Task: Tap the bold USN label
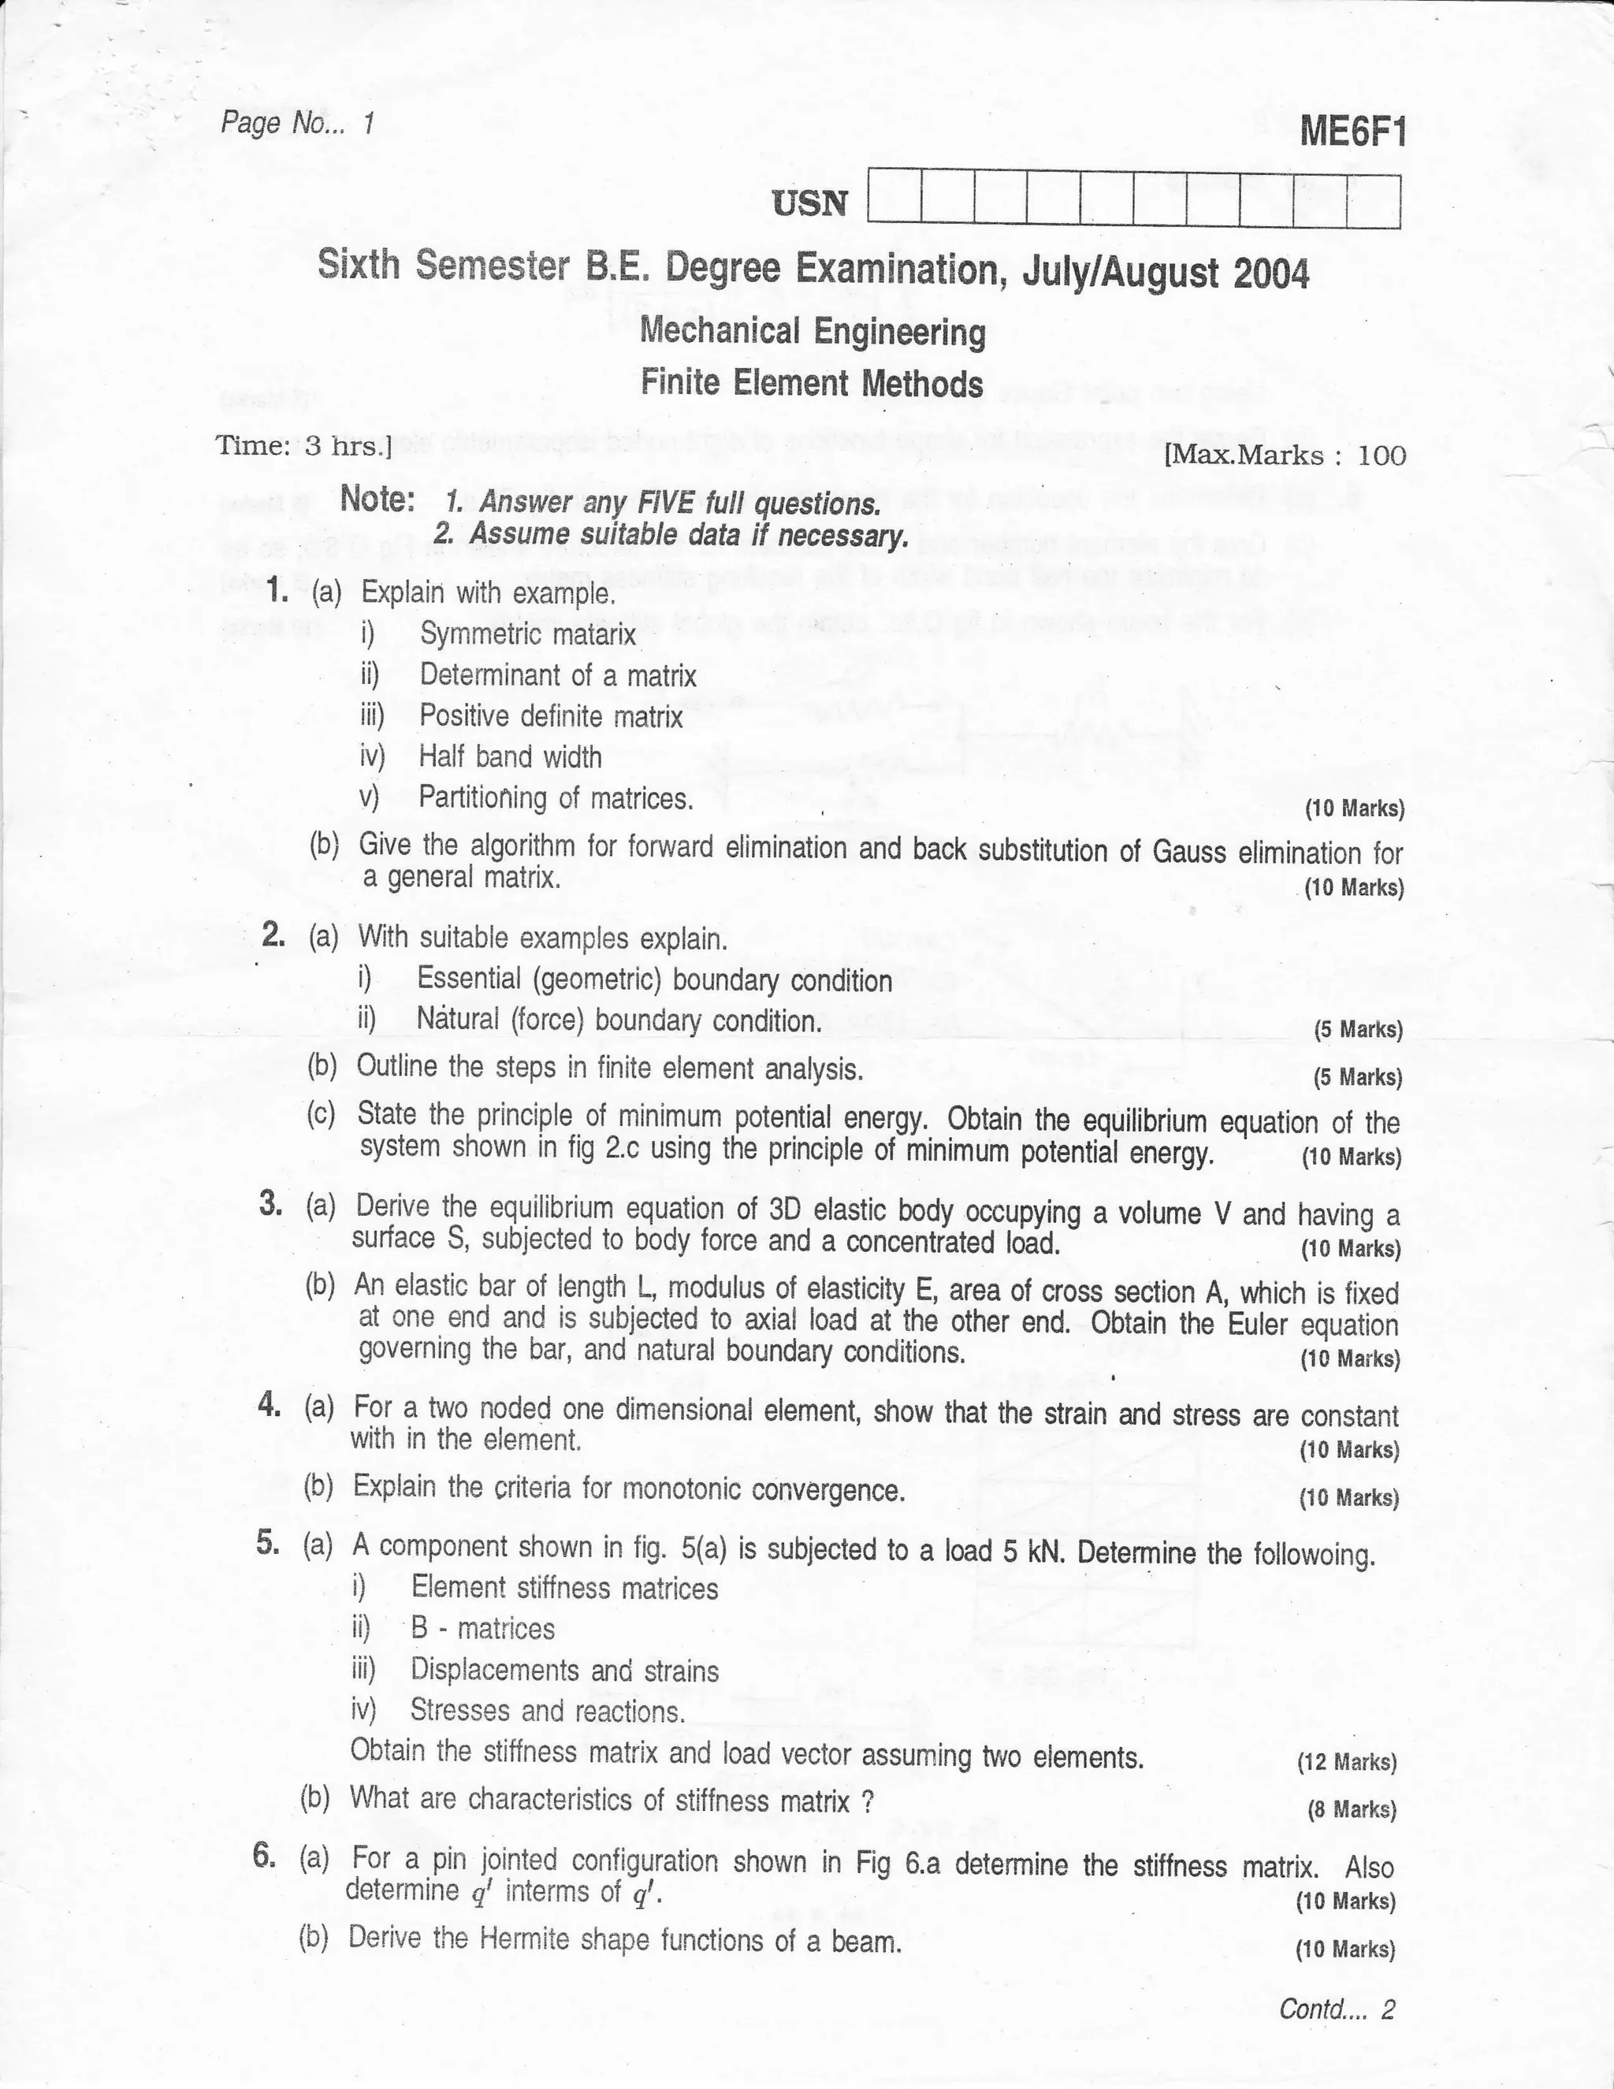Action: (x=810, y=203)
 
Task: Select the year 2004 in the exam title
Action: (x=1270, y=274)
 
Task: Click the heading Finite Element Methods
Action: (x=811, y=384)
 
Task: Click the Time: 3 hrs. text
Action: (x=304, y=446)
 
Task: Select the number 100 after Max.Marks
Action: (x=1382, y=455)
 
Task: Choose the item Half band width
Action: (x=510, y=756)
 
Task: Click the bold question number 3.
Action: (x=270, y=1204)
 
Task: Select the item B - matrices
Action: (x=482, y=1629)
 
